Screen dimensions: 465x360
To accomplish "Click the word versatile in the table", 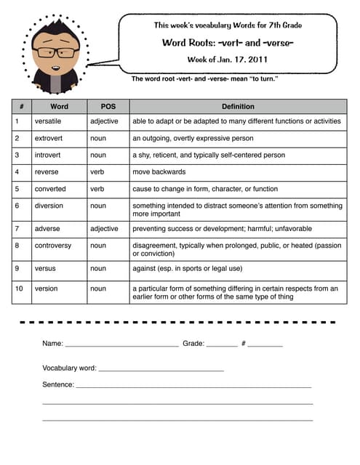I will pos(50,121).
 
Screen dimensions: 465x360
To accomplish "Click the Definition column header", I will pos(238,106).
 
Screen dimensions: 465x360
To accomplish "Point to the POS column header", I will pos(108,106).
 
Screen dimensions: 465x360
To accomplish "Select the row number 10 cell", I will pos(20,288).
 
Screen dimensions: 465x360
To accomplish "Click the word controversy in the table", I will pos(53,246).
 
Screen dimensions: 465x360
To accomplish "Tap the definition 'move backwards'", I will pos(159,172).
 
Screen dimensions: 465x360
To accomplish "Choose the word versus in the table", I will pos(47,269).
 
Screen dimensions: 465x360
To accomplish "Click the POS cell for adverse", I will pos(104,229).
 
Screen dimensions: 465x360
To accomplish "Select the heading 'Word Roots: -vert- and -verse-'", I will pos(228,42).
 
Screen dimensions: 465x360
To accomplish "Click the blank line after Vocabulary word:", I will pos(161,371).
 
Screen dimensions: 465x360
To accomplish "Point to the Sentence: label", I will pos(58,384).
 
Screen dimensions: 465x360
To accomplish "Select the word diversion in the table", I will pos(49,206).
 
